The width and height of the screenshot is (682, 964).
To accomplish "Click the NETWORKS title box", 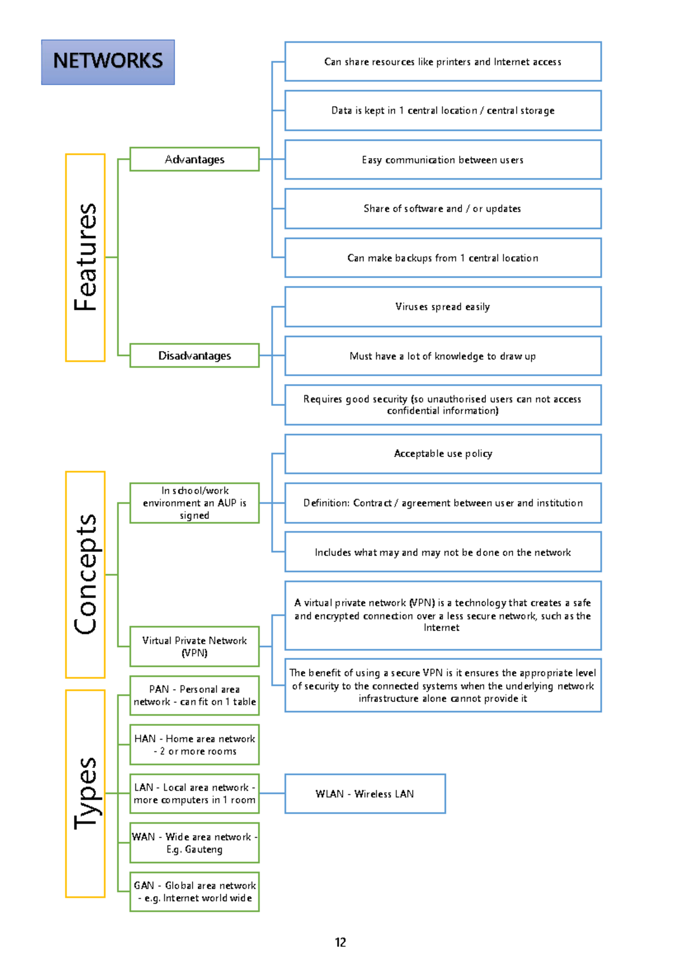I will tap(108, 62).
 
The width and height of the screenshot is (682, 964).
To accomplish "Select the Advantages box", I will tap(194, 159).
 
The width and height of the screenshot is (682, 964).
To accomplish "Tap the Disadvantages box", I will tap(194, 355).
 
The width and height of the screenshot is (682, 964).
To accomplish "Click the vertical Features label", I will tap(85, 257).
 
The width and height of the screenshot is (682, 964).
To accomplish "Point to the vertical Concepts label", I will tap(85, 575).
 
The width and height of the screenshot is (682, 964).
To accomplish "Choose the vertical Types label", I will tap(85, 793).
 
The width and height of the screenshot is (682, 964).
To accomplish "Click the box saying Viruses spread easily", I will tap(443, 307).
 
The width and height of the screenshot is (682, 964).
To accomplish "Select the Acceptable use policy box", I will tap(443, 454).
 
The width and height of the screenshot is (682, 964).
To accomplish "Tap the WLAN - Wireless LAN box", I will tap(365, 793).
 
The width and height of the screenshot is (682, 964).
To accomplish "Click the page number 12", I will tap(340, 942).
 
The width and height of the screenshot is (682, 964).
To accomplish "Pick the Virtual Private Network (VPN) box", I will tap(194, 646).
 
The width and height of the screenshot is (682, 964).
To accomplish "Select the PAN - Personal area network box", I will tap(194, 695).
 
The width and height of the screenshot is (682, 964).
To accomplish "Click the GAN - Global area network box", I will tap(194, 892).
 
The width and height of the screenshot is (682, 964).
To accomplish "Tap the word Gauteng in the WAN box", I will tap(203, 849).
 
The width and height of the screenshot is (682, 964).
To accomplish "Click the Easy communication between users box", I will tap(443, 160).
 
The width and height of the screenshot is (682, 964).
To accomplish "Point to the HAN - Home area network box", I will tap(194, 745).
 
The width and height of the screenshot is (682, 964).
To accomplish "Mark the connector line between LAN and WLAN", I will tap(272, 793).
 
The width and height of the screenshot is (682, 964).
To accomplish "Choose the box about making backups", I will tap(443, 258).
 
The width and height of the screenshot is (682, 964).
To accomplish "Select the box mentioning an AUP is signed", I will tap(194, 503).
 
